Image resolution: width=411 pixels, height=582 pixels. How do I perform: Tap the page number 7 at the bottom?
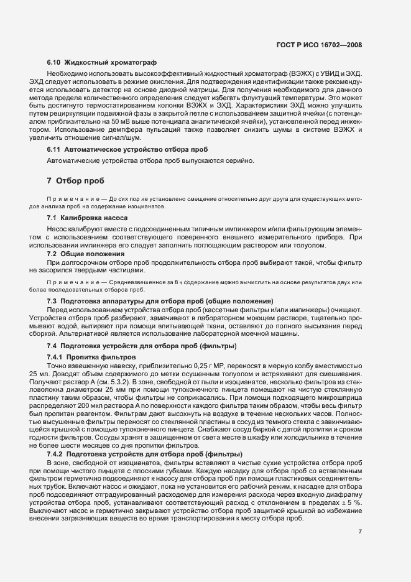click(360, 532)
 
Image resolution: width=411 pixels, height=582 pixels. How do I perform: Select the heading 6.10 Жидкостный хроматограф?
click(102, 63)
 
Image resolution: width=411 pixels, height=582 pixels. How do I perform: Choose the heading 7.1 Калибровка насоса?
click(88, 218)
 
